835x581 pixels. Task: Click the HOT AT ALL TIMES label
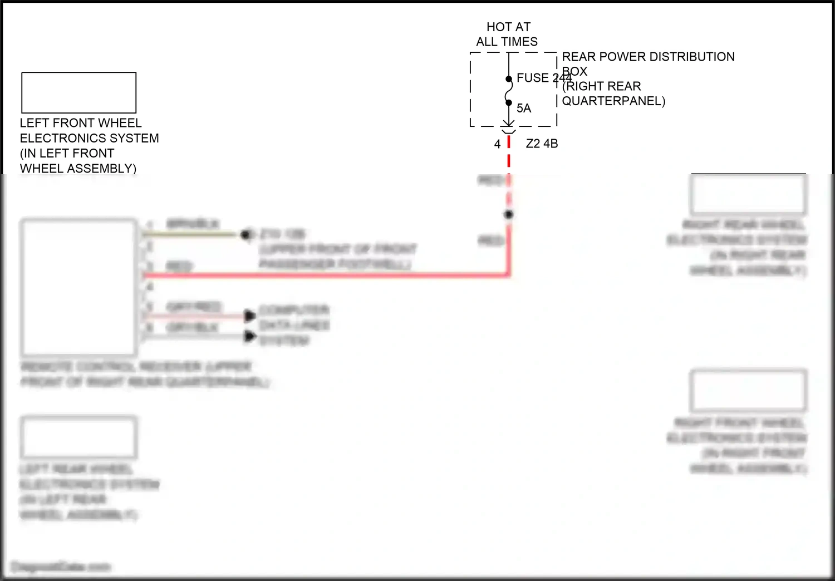pos(507,34)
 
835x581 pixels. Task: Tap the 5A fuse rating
pos(524,109)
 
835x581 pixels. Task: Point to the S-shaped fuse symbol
pos(509,91)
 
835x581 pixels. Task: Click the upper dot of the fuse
pos(509,79)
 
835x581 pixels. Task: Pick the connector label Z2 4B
pos(542,144)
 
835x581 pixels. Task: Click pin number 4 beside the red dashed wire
pos(497,145)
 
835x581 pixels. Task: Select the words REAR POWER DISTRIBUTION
pos(648,57)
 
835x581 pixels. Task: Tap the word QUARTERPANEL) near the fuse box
pos(613,101)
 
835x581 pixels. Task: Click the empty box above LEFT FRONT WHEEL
pos(78,92)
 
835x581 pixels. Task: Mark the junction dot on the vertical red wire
pos(508,214)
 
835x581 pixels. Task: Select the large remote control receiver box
pos(78,287)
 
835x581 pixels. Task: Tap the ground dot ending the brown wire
pos(245,235)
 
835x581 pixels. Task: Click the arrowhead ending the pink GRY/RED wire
pos(250,316)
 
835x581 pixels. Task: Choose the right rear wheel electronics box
pos(748,194)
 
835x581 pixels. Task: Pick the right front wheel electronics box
pos(748,390)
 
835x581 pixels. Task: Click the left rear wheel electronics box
pos(78,437)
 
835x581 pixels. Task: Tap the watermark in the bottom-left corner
pos(61,567)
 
